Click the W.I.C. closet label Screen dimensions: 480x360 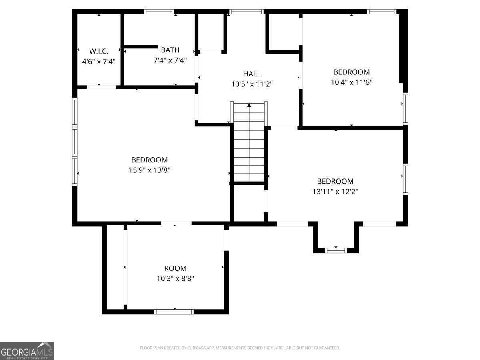(99, 51)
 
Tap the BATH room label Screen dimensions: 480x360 (170, 50)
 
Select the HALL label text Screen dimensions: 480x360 (252, 74)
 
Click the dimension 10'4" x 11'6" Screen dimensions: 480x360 (352, 82)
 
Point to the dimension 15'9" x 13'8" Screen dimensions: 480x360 (149, 170)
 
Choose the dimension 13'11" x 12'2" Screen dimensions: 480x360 (335, 192)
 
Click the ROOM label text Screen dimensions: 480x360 (175, 268)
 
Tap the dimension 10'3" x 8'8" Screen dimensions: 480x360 (175, 278)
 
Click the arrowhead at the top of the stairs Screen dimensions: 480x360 (249, 105)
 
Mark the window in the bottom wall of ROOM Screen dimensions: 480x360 (174, 312)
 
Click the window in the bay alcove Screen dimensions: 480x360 (336, 250)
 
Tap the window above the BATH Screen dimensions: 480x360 (159, 12)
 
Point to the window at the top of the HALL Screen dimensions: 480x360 (246, 12)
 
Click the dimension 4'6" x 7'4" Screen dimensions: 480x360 (99, 62)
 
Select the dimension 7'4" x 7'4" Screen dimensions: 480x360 (170, 60)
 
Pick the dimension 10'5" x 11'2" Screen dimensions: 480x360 (252, 84)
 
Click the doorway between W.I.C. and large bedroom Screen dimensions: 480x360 (101, 87)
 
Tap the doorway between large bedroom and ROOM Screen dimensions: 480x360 (176, 223)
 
